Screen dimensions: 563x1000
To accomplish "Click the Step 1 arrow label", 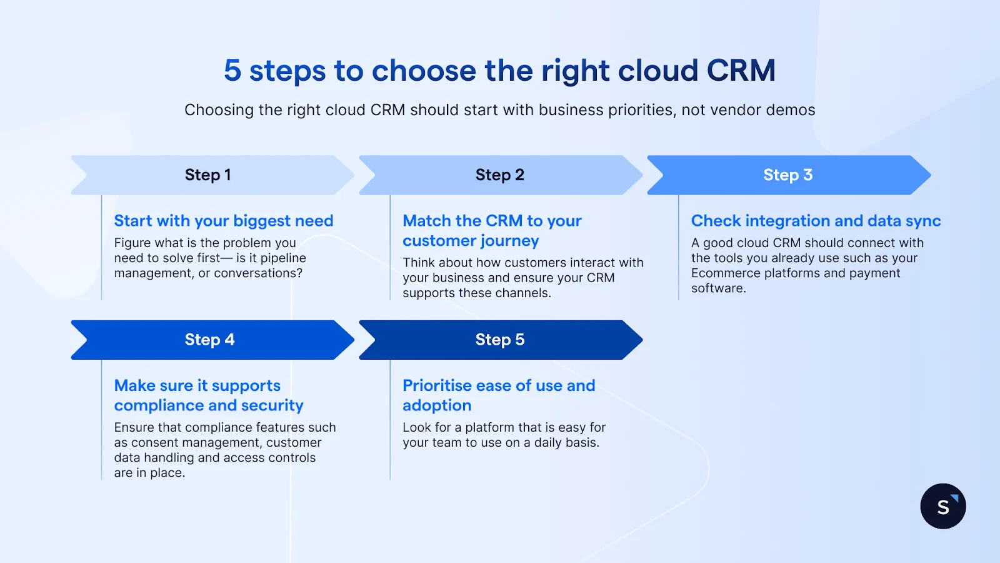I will [x=207, y=175].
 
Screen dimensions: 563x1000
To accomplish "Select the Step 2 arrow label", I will [x=499, y=175].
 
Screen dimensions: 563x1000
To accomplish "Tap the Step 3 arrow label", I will [x=787, y=175].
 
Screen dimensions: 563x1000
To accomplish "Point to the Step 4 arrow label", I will [x=209, y=340].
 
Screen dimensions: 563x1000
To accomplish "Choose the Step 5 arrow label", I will [x=499, y=340].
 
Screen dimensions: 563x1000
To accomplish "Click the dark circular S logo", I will [x=942, y=506].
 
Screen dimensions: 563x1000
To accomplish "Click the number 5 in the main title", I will [x=232, y=71].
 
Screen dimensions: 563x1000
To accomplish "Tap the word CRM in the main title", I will [x=741, y=71].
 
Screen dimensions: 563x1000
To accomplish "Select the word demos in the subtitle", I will [x=790, y=110].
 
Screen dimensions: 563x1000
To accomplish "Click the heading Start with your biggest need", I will [x=223, y=221].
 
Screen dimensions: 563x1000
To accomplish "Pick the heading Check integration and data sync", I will [x=816, y=221].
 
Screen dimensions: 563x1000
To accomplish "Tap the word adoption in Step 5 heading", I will [x=437, y=405].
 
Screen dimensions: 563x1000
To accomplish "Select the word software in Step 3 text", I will [x=717, y=288].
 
